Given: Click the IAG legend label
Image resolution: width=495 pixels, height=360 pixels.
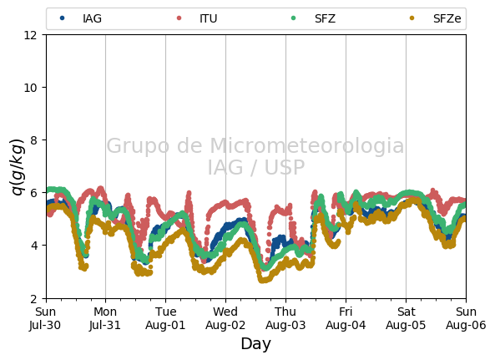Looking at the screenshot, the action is point(92,18).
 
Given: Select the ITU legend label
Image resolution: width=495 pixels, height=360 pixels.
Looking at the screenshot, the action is point(209,18).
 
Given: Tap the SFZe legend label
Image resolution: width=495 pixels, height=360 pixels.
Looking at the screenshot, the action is point(447,18).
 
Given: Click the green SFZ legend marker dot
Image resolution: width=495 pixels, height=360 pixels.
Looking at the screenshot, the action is point(293,18).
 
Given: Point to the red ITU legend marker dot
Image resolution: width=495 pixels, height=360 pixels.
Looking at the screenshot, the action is point(179,18).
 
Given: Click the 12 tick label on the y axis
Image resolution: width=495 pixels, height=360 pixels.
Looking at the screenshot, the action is point(30,35).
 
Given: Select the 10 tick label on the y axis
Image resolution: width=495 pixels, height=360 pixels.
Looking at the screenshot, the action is point(30,88).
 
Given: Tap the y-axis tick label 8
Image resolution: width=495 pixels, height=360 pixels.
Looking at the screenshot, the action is point(33,140).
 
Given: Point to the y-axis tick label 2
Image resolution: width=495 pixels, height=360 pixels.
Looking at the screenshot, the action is point(33,298).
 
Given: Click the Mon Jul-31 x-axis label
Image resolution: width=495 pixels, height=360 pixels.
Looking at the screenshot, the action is point(105,318).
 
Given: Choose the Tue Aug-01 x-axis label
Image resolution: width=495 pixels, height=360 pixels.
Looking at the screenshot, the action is point(165,318).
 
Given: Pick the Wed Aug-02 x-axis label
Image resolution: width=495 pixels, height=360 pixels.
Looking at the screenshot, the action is point(225,318).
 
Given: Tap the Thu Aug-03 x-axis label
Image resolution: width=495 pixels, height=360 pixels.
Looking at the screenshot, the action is point(285,318).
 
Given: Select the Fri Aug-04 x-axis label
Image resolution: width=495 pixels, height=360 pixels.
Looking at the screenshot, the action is point(346,318).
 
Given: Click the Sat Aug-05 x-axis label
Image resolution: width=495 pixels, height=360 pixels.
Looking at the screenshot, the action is point(406,318).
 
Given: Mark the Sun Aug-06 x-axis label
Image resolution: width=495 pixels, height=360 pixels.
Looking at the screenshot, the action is point(466,318).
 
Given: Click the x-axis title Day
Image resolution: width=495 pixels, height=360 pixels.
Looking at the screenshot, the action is point(255,344).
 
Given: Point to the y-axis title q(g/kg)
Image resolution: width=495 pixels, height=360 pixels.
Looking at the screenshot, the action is point(18,167).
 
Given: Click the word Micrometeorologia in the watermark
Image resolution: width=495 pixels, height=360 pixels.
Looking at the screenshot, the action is point(307,146).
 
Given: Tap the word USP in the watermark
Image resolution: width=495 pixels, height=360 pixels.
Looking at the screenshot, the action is point(285,167).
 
